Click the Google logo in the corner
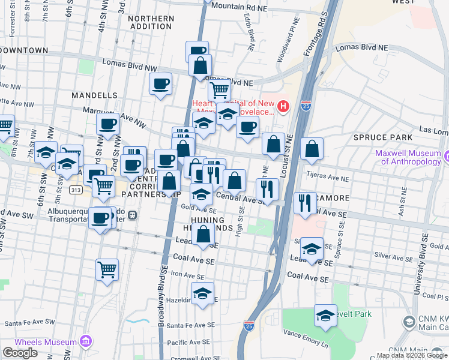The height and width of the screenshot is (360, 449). (20, 353)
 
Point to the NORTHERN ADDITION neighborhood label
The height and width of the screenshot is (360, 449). (151, 23)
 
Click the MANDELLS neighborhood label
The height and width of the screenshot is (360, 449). (94, 95)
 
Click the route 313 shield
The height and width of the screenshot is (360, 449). (76, 190)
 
